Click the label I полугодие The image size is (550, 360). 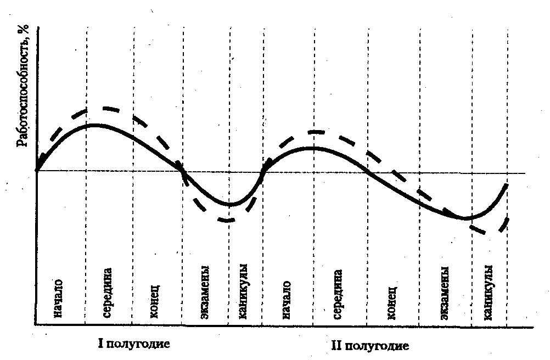(x=132, y=345)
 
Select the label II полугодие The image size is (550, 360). (x=371, y=346)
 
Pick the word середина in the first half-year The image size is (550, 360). (x=107, y=294)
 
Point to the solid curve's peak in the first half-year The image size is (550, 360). (x=94, y=125)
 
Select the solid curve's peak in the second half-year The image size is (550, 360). (x=312, y=148)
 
